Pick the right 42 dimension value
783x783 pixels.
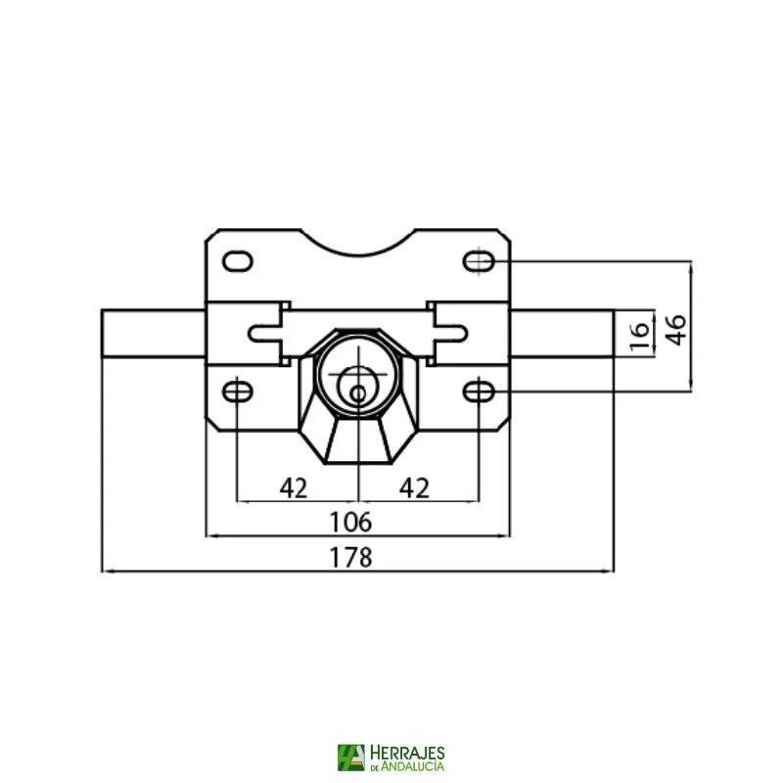point(416,487)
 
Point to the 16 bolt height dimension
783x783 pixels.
point(638,334)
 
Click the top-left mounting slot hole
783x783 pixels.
point(238,261)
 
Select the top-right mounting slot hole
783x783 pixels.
point(479,261)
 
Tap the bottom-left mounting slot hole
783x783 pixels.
point(238,391)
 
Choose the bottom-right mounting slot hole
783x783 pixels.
point(479,391)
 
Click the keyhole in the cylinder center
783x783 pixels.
point(358,392)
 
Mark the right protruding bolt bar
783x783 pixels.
point(562,334)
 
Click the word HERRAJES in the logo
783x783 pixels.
point(408,752)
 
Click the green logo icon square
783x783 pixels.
point(350,758)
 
